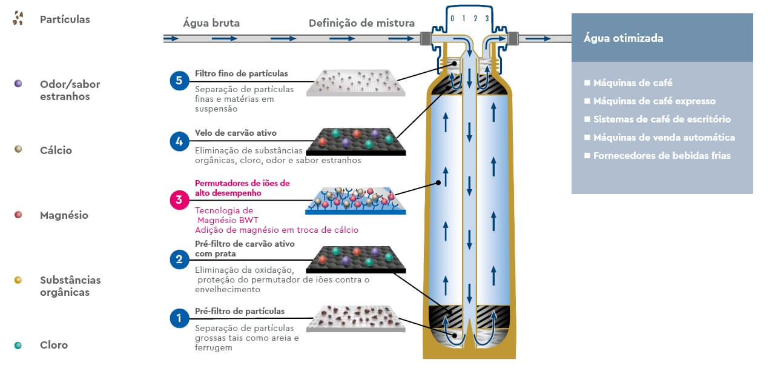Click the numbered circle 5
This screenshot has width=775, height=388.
[179, 81]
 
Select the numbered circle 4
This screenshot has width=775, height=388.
[179, 142]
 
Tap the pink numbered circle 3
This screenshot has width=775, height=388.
[179, 199]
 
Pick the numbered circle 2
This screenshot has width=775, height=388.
[179, 259]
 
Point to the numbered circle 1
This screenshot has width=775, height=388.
[179, 318]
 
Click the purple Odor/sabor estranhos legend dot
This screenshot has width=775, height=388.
[18, 83]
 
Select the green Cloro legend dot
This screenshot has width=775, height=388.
[18, 345]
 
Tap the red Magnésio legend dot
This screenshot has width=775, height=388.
[18, 215]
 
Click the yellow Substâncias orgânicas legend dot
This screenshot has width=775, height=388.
[18, 279]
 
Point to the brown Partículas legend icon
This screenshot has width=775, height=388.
[18, 19]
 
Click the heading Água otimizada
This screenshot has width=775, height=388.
[623, 38]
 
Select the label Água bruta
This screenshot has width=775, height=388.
[211, 24]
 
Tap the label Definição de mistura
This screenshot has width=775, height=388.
[361, 24]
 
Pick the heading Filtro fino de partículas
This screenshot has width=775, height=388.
[241, 74]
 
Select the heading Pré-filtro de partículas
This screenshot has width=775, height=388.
[239, 312]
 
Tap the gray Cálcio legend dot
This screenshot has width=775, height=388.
[18, 149]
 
